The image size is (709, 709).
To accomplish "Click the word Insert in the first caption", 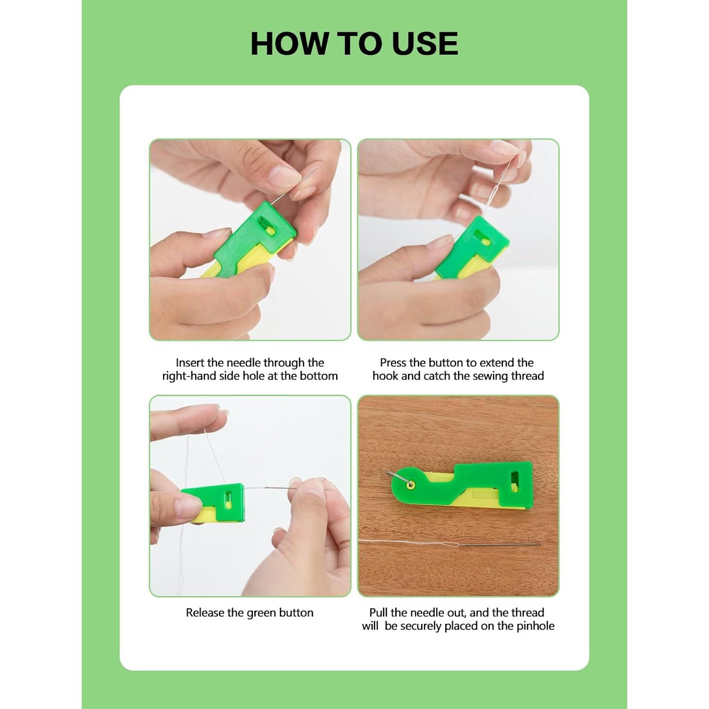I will pos(190,363).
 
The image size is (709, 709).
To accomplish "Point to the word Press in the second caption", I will pos(393,363).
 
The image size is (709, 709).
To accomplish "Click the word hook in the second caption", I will pos(386,376).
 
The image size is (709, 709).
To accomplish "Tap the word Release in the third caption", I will pos(205,613).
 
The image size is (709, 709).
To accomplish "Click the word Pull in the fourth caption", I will pos(378,613).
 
